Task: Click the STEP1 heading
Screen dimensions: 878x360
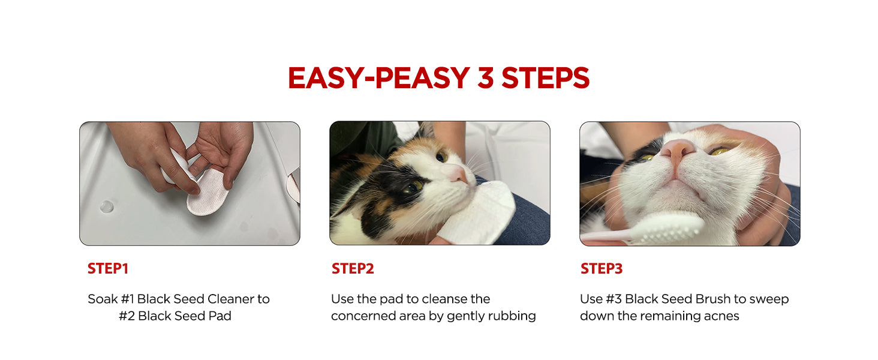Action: [108, 269]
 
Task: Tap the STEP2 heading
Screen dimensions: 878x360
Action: [353, 269]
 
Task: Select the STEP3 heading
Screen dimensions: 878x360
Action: [602, 269]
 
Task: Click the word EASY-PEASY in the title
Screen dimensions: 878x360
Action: [379, 77]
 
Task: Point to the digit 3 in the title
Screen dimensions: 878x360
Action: [485, 77]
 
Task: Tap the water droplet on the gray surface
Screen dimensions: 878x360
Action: [107, 206]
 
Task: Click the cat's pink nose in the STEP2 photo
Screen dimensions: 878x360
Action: [457, 173]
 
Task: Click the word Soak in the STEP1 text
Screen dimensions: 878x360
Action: [103, 299]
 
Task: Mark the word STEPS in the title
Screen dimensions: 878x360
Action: [546, 77]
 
